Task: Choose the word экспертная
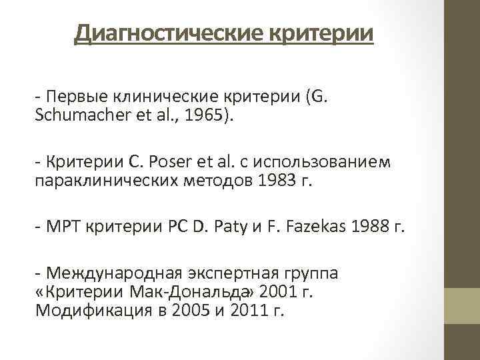tap(225, 275)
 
